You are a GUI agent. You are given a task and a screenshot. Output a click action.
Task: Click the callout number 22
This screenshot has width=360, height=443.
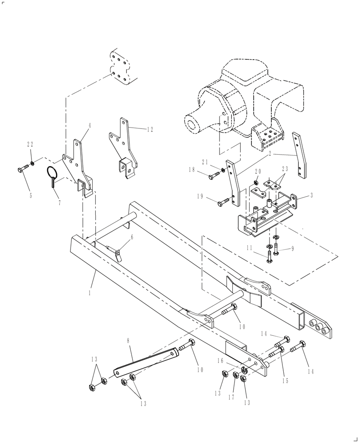(30, 144)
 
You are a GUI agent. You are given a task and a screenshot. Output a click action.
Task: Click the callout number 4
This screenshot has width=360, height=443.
(90, 126)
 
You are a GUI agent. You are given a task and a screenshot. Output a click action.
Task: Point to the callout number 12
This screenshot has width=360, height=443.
(150, 129)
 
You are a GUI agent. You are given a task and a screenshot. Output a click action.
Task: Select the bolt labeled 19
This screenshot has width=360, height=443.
(224, 202)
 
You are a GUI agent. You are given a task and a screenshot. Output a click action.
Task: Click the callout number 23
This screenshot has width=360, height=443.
(285, 168)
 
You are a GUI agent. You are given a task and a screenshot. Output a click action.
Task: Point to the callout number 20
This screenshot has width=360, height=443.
(258, 171)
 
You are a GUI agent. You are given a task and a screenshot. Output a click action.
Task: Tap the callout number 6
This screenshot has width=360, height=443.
(131, 237)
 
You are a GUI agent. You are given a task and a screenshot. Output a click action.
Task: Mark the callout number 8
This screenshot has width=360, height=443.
(128, 341)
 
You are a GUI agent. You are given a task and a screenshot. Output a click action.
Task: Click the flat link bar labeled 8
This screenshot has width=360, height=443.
(146, 362)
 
